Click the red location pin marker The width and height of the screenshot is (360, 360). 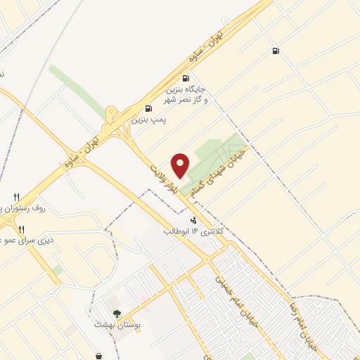point(181,165)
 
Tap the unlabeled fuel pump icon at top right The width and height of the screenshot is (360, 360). point(275,51)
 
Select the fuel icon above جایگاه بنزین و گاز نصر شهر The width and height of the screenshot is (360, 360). point(186,79)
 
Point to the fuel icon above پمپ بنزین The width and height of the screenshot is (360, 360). point(148,108)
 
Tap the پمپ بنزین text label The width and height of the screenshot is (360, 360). point(148,120)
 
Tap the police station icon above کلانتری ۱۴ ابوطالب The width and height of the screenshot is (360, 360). point(193,220)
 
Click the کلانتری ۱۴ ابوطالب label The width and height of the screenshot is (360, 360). point(193,231)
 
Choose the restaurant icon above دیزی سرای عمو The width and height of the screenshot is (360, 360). point(21,229)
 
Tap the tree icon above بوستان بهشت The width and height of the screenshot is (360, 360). point(117,314)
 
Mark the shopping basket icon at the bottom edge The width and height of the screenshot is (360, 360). point(98,356)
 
